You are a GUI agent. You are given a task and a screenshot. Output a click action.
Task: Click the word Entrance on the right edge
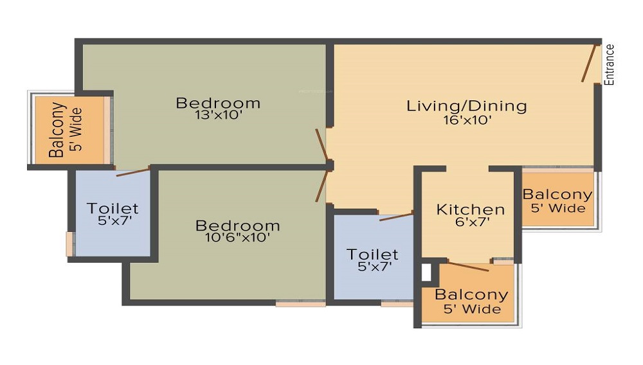click(610, 64)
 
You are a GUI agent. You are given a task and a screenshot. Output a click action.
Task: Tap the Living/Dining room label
click(466, 106)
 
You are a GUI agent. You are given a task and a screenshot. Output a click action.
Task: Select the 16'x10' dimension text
click(466, 120)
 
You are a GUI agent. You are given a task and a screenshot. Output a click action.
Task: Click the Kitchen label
click(470, 209)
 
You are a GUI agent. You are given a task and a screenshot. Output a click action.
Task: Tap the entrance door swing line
click(588, 63)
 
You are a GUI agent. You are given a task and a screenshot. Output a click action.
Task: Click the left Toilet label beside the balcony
click(113, 209)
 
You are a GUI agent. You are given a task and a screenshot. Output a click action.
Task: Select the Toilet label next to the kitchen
click(372, 254)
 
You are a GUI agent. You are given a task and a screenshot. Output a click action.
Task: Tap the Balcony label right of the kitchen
click(557, 195)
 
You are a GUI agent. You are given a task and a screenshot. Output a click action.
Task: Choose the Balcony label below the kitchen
click(471, 296)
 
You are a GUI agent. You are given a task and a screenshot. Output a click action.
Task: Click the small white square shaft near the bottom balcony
click(426, 272)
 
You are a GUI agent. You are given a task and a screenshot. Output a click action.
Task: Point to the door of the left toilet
click(133, 171)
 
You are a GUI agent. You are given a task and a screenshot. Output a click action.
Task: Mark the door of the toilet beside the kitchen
click(395, 217)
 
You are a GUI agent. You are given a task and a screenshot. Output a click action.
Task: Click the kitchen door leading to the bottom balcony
click(468, 265)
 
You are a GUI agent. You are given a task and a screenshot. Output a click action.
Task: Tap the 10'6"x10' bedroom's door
click(321, 186)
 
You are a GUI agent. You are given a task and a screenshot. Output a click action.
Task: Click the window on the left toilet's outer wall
click(69, 244)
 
